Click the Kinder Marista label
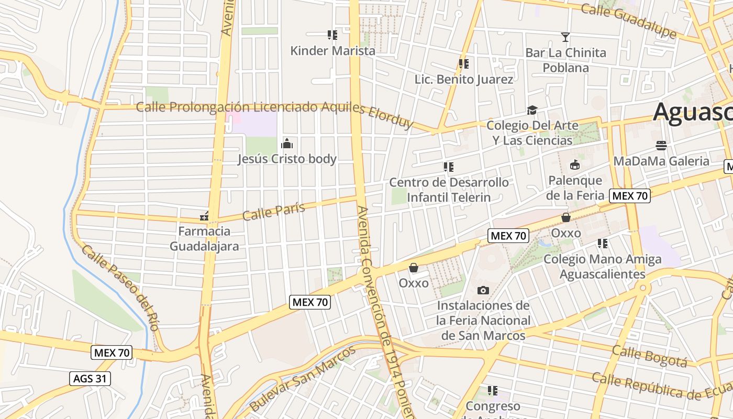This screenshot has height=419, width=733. (x=332, y=51)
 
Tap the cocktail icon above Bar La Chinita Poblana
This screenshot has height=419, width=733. (x=565, y=37)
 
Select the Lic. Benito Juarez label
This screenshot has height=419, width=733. (x=463, y=80)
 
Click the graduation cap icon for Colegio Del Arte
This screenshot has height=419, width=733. (x=532, y=110)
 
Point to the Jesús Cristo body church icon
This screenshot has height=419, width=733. (x=287, y=143)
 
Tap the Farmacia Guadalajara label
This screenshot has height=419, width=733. (x=204, y=239)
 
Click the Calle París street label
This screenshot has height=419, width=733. (x=274, y=211)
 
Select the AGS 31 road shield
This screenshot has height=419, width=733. (x=90, y=378)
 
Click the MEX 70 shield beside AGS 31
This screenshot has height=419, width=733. (x=111, y=352)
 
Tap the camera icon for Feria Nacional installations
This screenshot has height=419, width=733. (x=483, y=290)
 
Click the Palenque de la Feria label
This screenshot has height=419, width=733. (x=575, y=188)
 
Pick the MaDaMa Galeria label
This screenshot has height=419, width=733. (x=661, y=161)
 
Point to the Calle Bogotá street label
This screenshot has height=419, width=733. (x=649, y=356)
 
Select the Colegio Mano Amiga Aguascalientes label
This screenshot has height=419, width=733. (x=602, y=267)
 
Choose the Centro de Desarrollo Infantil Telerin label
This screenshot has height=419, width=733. (x=449, y=190)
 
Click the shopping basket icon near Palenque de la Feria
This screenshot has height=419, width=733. (x=566, y=217)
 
